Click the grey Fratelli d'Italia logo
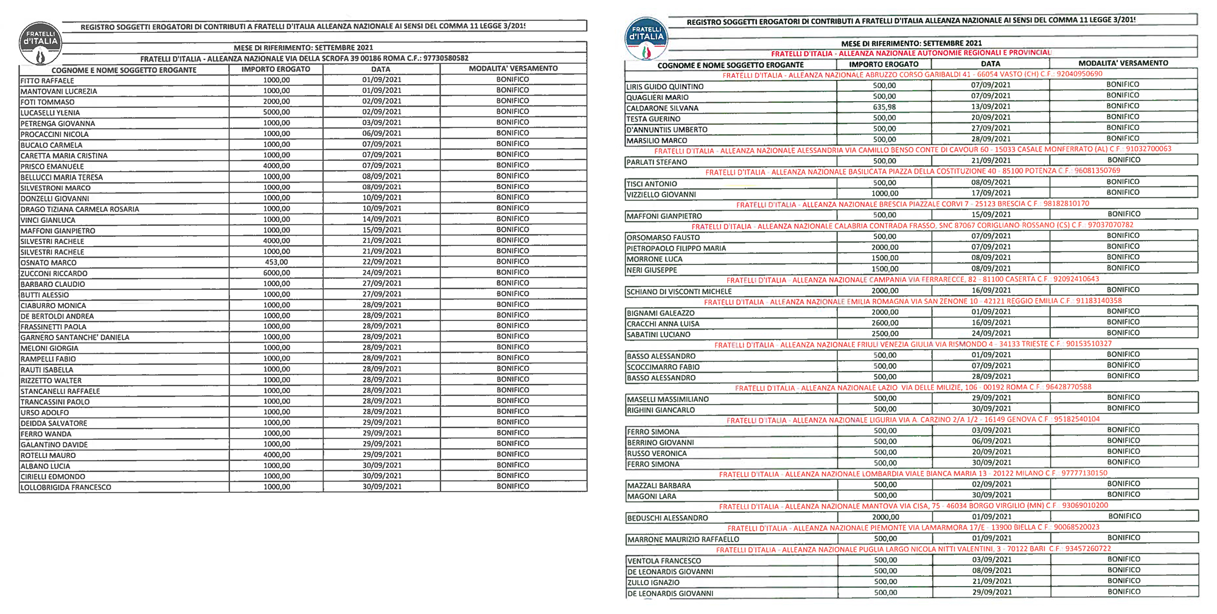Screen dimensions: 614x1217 click(x=40, y=43)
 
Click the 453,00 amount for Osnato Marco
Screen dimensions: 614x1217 click(x=276, y=262)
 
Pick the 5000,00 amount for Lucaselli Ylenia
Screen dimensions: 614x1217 click(x=276, y=112)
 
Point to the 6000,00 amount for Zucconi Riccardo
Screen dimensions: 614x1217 click(x=276, y=273)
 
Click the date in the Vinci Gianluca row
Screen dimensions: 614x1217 click(x=382, y=219)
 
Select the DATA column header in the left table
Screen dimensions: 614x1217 click(x=381, y=69)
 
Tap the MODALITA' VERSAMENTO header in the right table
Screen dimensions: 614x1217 click(x=1123, y=63)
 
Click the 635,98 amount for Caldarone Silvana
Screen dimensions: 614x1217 click(x=884, y=107)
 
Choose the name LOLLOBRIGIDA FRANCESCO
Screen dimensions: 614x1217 click(x=66, y=487)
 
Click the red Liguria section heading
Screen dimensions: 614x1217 click(x=913, y=420)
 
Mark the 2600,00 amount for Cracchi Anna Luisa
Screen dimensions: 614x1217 click(x=885, y=323)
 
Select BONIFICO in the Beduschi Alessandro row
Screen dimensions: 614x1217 click(x=1125, y=517)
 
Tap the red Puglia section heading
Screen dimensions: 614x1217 click(x=913, y=549)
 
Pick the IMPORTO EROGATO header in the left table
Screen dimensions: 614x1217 click(x=276, y=69)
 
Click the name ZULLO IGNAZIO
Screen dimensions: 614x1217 click(x=654, y=582)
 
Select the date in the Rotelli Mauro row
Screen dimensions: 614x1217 click(x=382, y=454)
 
